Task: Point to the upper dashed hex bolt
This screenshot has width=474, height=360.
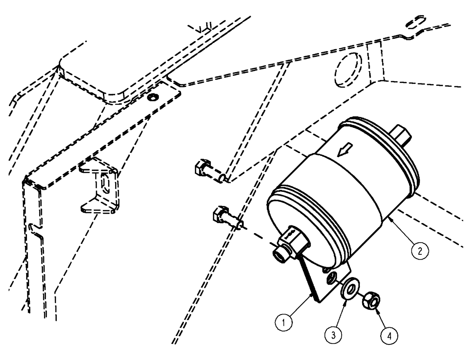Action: tap(203, 168)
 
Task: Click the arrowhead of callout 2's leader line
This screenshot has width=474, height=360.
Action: tap(389, 218)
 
